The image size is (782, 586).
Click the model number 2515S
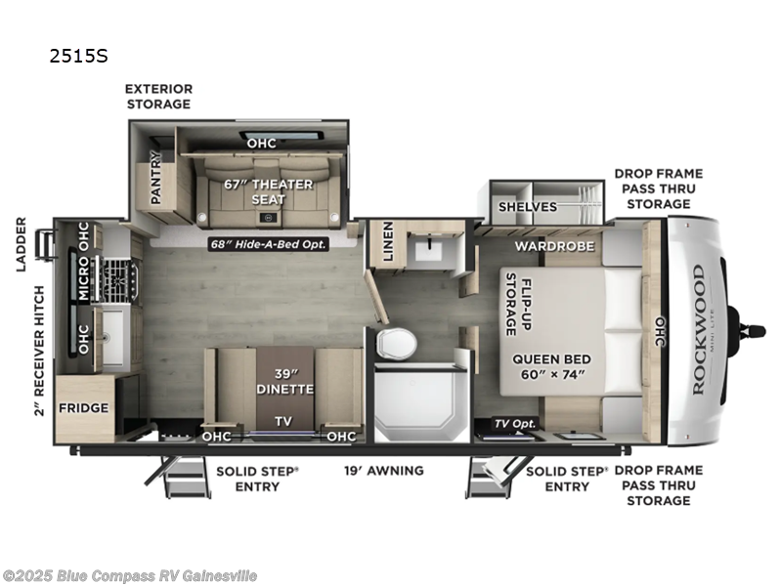[x=77, y=56]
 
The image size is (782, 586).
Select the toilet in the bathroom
[x=395, y=343]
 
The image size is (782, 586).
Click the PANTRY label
[x=155, y=178]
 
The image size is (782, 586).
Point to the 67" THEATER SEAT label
[x=269, y=191]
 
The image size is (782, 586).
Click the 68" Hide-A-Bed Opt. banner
[x=268, y=243]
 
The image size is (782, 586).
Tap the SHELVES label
[x=527, y=206]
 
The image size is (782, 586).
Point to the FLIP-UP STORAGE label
[x=517, y=304]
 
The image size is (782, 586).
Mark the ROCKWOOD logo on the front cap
[x=698, y=329]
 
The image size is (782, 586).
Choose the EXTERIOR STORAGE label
[x=157, y=96]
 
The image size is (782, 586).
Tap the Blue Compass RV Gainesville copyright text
[x=130, y=575]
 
